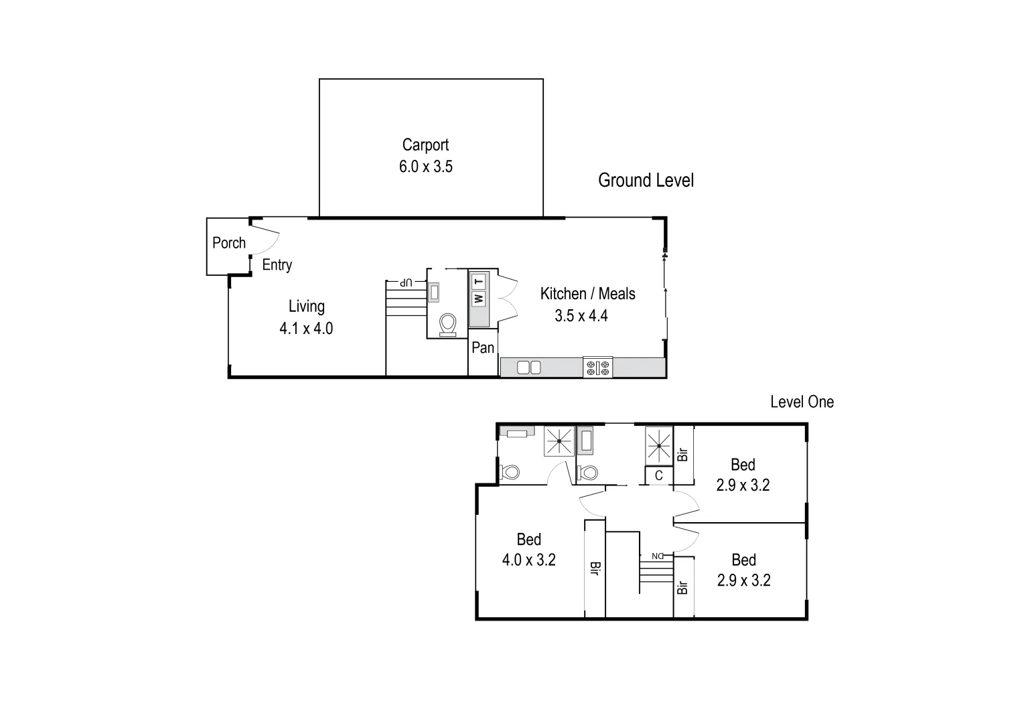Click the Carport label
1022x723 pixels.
click(425, 145)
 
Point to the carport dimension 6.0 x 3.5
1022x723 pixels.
click(426, 167)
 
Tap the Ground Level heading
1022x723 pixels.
click(646, 180)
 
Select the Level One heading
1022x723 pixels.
click(802, 402)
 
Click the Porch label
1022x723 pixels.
click(229, 243)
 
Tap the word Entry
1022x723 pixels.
click(277, 265)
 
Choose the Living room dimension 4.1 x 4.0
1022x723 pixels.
click(306, 329)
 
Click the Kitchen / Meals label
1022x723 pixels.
click(587, 293)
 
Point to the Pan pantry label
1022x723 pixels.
click(483, 347)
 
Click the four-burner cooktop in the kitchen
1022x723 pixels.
click(597, 367)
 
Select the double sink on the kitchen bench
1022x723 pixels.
click(529, 367)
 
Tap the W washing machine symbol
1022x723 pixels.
click(478, 299)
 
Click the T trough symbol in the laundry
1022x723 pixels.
click(478, 282)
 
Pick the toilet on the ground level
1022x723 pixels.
click(447, 325)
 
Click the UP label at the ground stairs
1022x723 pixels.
click(405, 283)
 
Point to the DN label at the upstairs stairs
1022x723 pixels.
click(657, 556)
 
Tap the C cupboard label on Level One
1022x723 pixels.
click(659, 475)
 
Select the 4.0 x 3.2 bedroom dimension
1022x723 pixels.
click(529, 560)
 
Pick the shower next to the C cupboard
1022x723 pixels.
click(658, 444)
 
